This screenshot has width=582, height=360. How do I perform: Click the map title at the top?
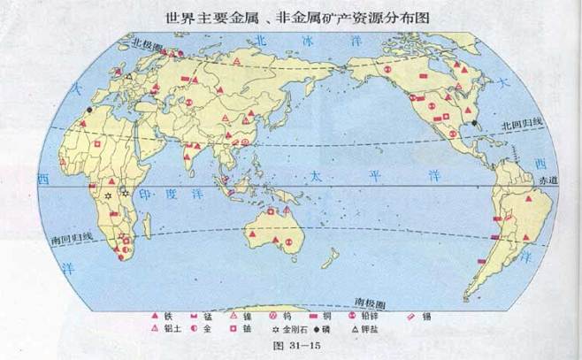pos(289,17)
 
